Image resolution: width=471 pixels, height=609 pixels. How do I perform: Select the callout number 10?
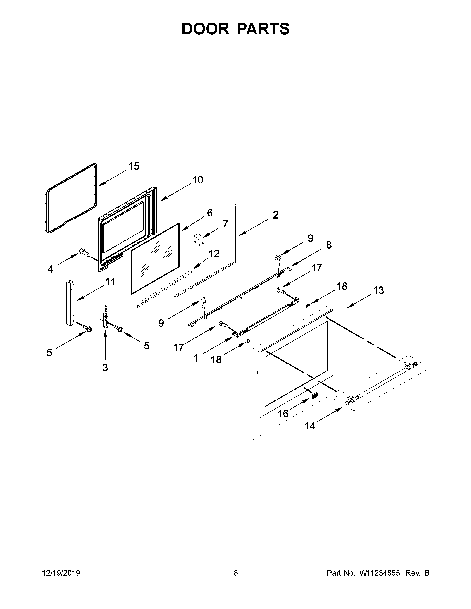198,180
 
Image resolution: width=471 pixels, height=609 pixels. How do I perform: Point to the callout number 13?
379,290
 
